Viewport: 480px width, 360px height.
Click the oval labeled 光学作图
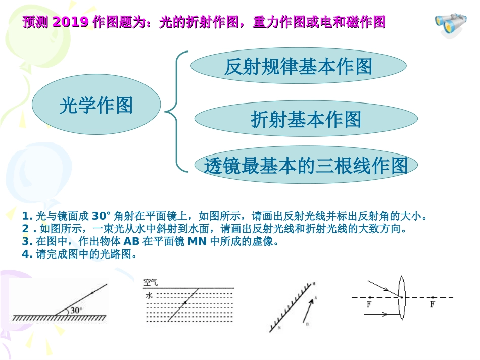(96, 106)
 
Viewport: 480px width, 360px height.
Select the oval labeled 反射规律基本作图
(298, 66)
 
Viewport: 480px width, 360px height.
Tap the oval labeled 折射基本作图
(306, 119)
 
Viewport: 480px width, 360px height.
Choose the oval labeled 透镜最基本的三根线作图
(306, 165)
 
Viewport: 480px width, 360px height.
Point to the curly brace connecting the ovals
(177, 110)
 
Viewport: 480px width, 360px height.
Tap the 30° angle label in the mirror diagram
(76, 310)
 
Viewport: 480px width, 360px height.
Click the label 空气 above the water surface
(151, 283)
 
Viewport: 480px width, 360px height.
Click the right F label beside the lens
(433, 305)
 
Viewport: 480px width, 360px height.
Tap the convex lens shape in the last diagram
(401, 297)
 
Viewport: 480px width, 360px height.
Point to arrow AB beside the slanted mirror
(309, 310)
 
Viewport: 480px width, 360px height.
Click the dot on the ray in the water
(185, 302)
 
